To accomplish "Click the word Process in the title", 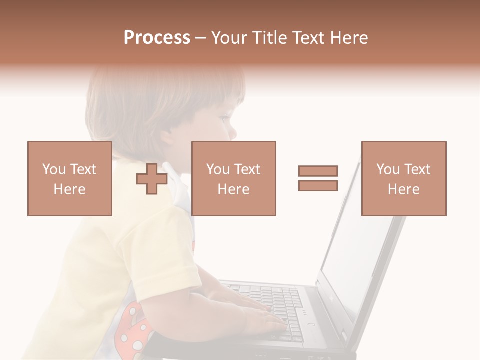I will tap(157, 38).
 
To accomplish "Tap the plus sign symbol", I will tap(152, 179).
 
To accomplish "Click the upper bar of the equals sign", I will tap(318, 171).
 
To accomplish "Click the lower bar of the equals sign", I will tap(318, 186).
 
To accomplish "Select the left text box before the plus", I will tap(69, 178).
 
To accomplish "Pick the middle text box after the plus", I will tap(233, 178).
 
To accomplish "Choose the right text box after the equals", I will tap(403, 178).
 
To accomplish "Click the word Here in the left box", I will tap(69, 189).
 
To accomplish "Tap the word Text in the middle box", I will tap(247, 169).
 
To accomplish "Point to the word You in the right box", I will tap(388, 169).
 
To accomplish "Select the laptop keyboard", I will tap(280, 305).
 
